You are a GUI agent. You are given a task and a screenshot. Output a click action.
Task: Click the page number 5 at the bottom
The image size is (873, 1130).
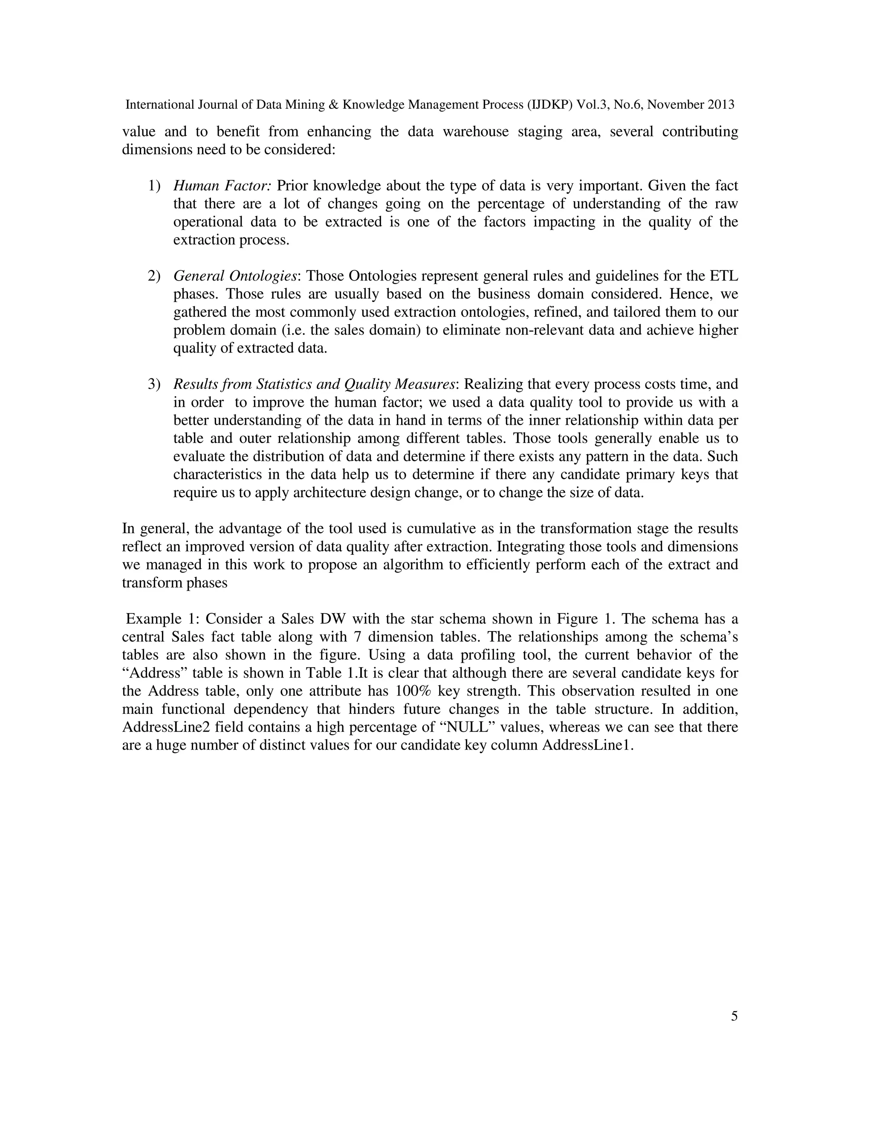click(734, 1016)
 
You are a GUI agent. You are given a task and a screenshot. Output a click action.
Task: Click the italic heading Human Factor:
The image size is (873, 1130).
click(223, 186)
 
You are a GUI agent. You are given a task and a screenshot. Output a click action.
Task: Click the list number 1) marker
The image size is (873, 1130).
click(154, 186)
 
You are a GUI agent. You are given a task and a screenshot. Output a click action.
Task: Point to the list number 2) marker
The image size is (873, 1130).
click(154, 276)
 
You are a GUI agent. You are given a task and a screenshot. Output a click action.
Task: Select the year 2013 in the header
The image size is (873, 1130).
click(720, 105)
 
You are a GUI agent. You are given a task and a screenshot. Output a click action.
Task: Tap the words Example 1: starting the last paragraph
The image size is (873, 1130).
click(163, 619)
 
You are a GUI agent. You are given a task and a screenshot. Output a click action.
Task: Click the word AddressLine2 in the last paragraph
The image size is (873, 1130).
click(167, 727)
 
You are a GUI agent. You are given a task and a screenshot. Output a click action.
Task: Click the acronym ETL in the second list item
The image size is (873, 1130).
click(724, 276)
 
